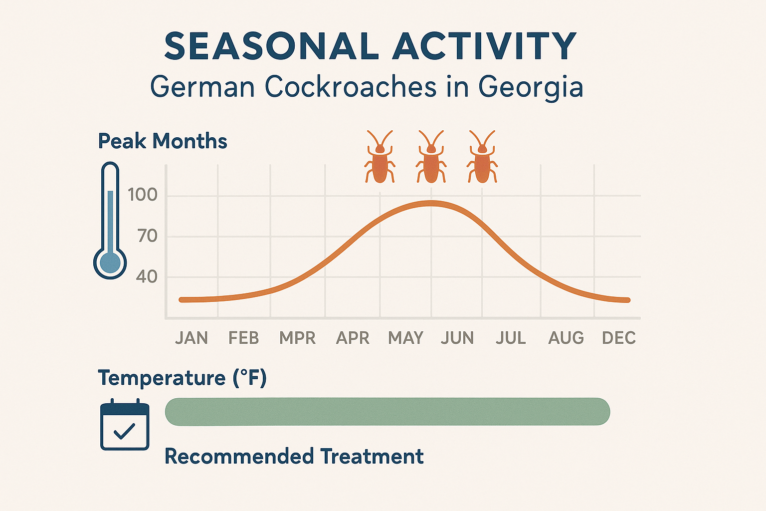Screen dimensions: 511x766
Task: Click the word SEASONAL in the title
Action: pos(271,46)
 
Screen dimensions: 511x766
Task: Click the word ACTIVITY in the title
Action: pos(484,46)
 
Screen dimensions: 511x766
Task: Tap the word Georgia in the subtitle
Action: pos(531,87)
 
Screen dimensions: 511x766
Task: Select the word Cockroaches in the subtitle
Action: pos(352,87)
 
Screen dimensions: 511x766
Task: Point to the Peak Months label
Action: pos(163,141)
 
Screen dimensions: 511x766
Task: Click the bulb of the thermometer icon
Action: pos(110,262)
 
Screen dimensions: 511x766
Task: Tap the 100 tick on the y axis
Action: pos(143,195)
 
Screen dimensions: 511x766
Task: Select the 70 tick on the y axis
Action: pos(148,236)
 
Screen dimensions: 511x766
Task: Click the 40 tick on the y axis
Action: pos(147,276)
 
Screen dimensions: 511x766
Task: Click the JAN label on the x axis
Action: pos(191,338)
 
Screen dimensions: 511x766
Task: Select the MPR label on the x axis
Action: pos(297,338)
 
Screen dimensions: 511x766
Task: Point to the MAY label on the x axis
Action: pos(405,338)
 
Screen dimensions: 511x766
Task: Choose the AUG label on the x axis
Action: pos(566,338)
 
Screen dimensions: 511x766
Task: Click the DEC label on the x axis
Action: pos(619,338)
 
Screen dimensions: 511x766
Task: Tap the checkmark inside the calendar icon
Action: pos(124,430)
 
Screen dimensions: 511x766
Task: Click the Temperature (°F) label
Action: pos(183,378)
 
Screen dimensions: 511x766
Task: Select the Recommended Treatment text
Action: pos(294,457)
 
